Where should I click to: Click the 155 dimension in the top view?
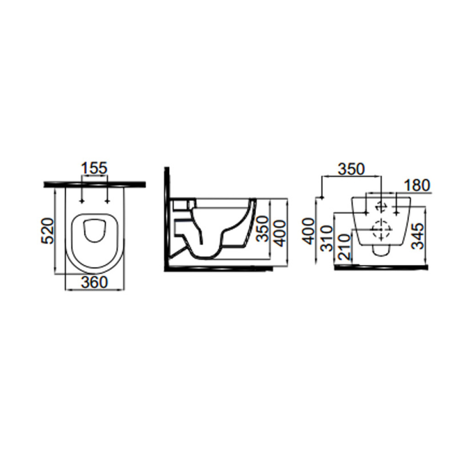[x=94, y=169]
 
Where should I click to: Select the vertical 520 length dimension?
[x=47, y=230]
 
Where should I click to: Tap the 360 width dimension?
[x=95, y=282]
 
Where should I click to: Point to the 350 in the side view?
[x=263, y=228]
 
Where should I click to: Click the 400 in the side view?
[x=280, y=233]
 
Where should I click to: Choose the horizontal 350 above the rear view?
[x=351, y=170]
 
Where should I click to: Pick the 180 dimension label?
[x=417, y=186]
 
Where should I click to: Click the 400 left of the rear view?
[x=309, y=231]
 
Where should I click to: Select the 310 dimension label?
[x=326, y=238]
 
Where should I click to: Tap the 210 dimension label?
[x=345, y=247]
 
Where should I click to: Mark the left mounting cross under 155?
[x=82, y=201]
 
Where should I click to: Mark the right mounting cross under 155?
[x=107, y=201]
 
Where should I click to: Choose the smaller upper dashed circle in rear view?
[x=381, y=207]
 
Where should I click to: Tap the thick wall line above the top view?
[x=95, y=184]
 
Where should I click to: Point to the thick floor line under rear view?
[x=382, y=267]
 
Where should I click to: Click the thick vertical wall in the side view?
[x=167, y=218]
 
